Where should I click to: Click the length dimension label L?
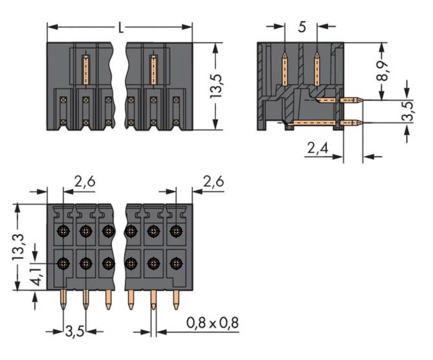point(121,28)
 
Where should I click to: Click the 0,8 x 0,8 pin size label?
point(212,323)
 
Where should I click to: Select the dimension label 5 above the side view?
point(302,27)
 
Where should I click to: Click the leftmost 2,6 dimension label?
point(84,182)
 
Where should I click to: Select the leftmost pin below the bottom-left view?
point(64,300)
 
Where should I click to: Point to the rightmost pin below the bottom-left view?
point(176,300)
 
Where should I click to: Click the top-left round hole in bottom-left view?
point(64,231)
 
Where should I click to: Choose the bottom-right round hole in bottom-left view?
point(175,263)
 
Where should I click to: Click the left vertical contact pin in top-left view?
point(86,69)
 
